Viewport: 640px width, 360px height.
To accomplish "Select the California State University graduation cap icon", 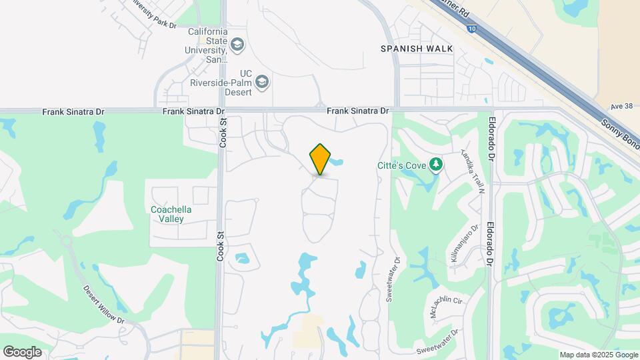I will (x=237, y=45).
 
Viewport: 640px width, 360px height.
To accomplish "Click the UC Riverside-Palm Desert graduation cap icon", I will (x=263, y=83).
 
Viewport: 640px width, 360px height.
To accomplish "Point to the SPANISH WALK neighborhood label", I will (x=416, y=49).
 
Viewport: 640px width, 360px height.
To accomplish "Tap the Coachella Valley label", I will (x=171, y=214).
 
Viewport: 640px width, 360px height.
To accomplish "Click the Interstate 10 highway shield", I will (x=473, y=29).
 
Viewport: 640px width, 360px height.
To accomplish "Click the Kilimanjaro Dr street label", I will (x=465, y=246).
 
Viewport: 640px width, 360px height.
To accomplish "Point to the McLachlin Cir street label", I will (x=446, y=307).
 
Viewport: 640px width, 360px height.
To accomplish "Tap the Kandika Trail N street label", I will (x=471, y=172).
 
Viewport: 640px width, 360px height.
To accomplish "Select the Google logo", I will (x=22, y=351).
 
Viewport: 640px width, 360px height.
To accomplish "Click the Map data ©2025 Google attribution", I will (x=598, y=355).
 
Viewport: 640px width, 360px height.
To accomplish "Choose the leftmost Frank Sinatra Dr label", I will (x=67, y=112).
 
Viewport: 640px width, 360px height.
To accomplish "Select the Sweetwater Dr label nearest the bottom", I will (x=438, y=341).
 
